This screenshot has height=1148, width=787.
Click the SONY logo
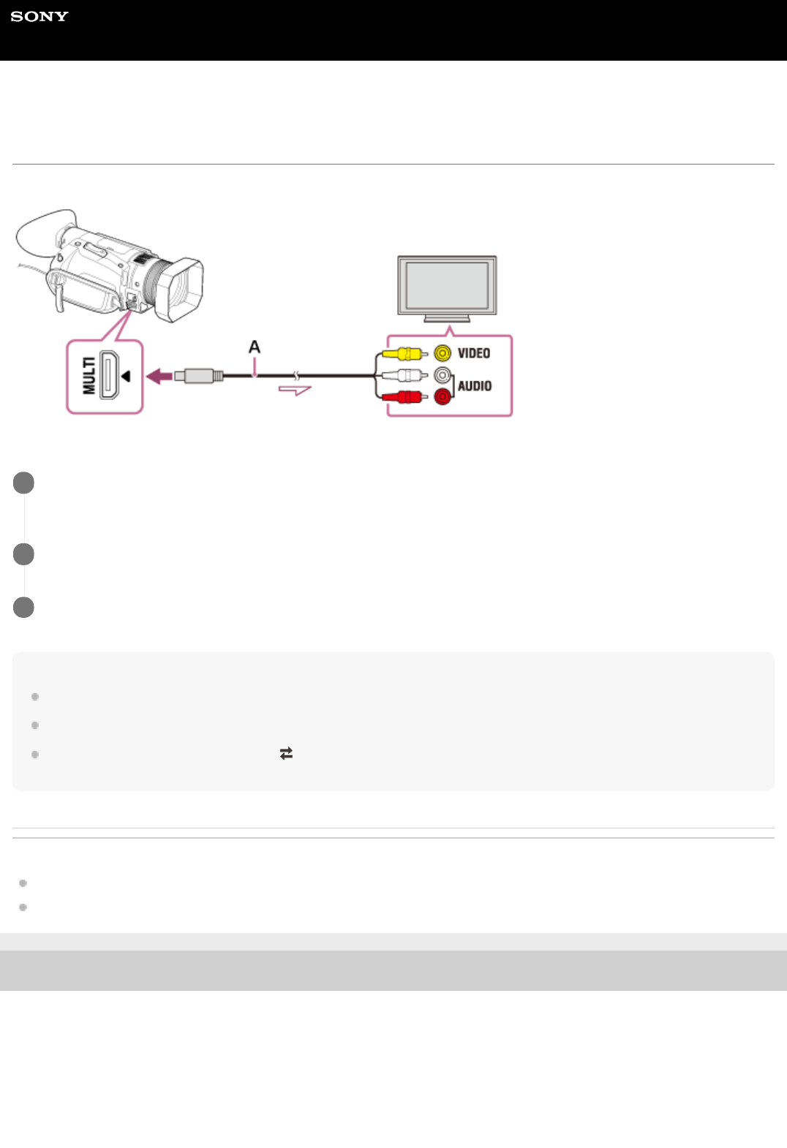(x=39, y=17)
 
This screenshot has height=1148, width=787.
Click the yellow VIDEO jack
(x=443, y=353)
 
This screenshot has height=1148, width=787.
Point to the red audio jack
(x=443, y=397)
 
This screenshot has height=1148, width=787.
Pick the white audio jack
(x=443, y=375)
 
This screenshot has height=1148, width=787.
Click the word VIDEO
(x=474, y=353)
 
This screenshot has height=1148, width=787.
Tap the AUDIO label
(x=475, y=386)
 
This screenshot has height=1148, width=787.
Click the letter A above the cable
(x=255, y=347)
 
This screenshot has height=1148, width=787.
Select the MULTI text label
(x=89, y=376)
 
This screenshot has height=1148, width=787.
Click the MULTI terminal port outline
(x=110, y=376)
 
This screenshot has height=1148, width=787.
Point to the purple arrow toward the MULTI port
(x=159, y=376)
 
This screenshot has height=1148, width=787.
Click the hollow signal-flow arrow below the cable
(x=295, y=390)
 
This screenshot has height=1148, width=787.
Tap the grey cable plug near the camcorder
(x=198, y=376)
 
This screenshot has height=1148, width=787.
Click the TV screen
(x=447, y=284)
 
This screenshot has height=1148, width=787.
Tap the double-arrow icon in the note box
(x=286, y=753)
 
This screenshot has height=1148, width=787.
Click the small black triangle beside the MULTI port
(x=126, y=376)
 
